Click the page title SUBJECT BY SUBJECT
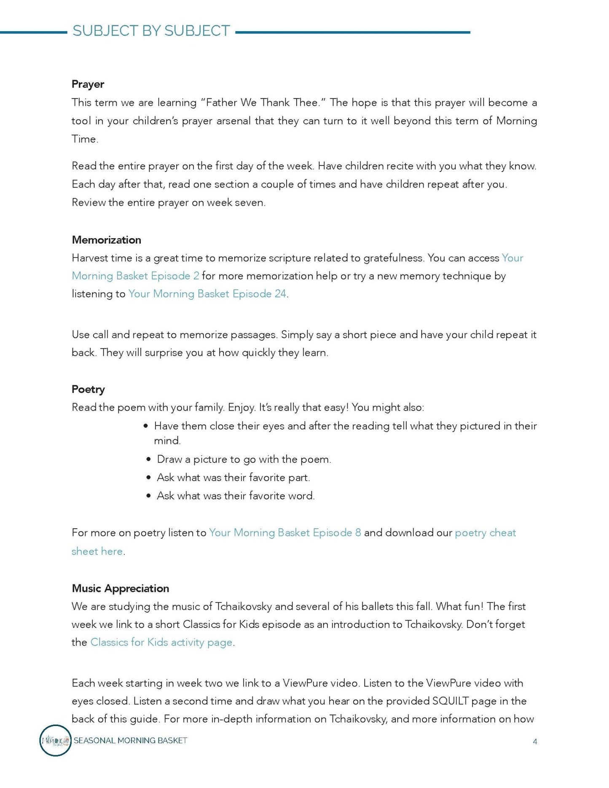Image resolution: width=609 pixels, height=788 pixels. [x=151, y=31]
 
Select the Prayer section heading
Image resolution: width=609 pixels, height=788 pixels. [x=88, y=84]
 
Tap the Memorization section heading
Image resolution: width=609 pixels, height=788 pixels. [x=106, y=240]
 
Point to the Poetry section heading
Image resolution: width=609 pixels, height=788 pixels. [x=88, y=389]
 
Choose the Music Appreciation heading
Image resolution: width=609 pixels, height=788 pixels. [x=120, y=588]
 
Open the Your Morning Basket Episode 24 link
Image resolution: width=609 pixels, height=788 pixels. [x=207, y=294]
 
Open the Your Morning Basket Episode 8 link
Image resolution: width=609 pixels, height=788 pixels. [x=285, y=533]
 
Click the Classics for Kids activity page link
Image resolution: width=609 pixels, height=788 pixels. [x=161, y=642]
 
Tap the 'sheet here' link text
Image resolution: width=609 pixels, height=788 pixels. [x=97, y=551]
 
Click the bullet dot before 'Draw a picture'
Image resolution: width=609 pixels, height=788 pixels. [x=148, y=459]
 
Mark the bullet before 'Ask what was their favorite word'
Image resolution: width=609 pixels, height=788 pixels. [x=148, y=496]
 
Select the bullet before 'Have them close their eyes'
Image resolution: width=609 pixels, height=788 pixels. [x=146, y=426]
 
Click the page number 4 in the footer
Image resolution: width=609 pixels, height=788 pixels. [x=535, y=742]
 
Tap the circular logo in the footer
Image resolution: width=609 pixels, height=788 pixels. [x=55, y=740]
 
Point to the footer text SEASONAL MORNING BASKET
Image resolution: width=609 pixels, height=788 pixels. [x=130, y=740]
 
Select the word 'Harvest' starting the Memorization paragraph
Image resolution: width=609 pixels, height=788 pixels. [x=90, y=258]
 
